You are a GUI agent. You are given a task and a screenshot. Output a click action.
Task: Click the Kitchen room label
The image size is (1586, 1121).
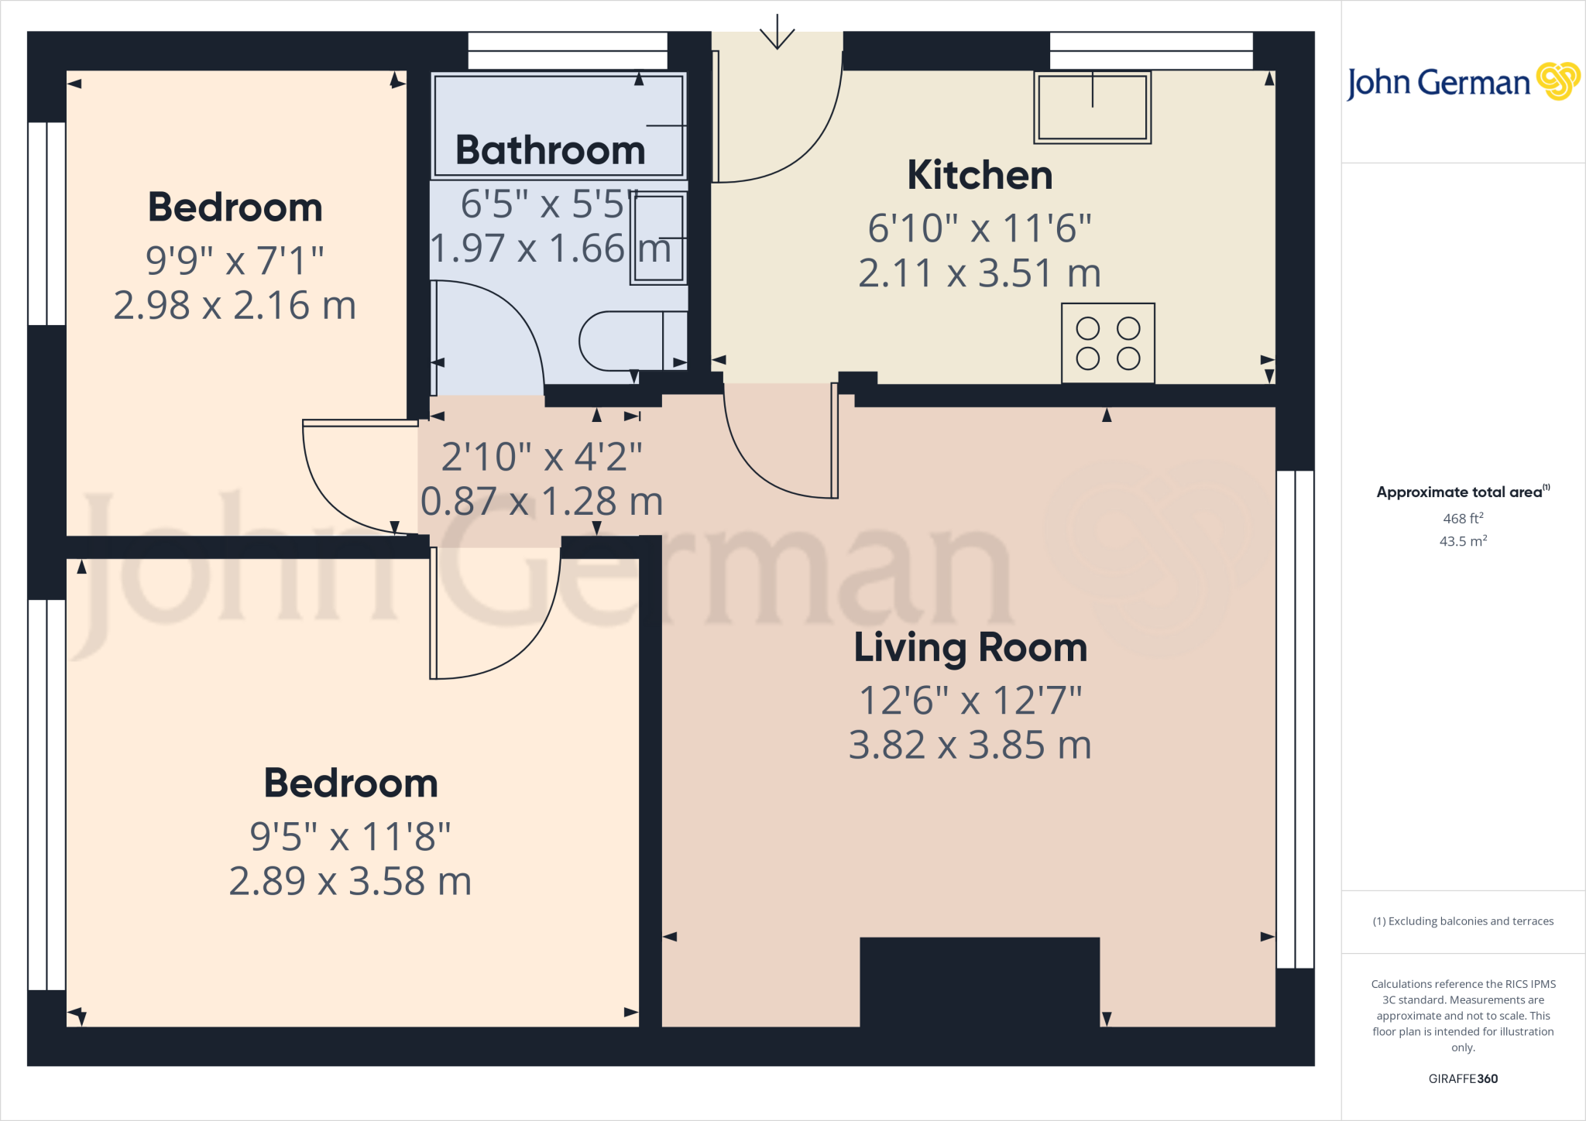tap(980, 176)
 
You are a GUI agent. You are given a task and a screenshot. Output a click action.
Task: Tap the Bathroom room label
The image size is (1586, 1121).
tap(550, 150)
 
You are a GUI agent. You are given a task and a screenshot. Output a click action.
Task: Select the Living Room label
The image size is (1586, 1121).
tap(970, 647)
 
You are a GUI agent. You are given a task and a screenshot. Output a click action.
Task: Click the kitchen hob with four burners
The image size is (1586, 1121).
tap(1108, 343)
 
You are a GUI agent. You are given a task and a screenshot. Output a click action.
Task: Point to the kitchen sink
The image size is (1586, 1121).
tap(1092, 108)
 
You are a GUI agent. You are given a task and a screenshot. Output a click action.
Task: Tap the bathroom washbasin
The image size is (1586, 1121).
tap(659, 238)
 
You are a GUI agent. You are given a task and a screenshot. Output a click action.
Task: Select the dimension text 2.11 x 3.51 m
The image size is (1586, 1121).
tap(980, 273)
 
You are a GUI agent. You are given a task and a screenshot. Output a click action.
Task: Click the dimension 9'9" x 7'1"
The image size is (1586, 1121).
tap(235, 261)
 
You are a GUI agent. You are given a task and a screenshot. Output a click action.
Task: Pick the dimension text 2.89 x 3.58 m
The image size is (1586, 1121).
tap(350, 882)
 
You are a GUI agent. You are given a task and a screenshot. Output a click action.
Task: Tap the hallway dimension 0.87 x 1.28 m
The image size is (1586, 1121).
tap(541, 502)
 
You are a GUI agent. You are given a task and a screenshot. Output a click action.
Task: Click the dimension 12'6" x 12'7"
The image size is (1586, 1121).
tap(970, 701)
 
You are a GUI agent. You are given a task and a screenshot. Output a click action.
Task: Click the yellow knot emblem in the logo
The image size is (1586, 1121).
tap(1558, 81)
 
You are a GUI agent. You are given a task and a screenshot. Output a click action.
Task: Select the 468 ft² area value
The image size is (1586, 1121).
tap(1463, 519)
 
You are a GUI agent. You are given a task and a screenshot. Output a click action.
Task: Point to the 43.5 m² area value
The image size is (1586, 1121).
tap(1463, 541)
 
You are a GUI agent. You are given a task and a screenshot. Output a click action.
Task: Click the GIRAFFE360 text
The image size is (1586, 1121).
tap(1463, 1078)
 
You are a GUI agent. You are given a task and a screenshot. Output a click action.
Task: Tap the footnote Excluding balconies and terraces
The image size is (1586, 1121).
tap(1463, 921)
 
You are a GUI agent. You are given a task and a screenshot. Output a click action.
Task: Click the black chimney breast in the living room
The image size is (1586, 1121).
tap(980, 982)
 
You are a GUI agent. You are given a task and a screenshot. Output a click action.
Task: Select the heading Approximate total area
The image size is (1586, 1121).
tap(1460, 492)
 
